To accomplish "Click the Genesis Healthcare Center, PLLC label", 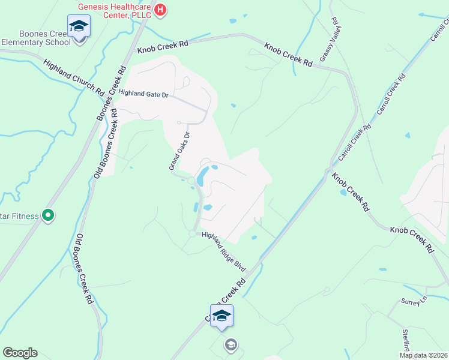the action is pos(113,10).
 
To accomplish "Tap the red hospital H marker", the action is pos(160,10).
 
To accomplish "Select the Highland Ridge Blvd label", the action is pos(224,250).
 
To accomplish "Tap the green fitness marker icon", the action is pos(49,215).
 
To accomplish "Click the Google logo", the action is pos(20,353).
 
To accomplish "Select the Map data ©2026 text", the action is pos(424,355).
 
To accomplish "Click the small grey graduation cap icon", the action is pos(231,344).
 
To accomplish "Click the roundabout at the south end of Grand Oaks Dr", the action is pos(191,181).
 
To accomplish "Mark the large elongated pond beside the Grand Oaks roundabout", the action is pos(202,175).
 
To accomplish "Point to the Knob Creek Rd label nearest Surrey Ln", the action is pos(411,238).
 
